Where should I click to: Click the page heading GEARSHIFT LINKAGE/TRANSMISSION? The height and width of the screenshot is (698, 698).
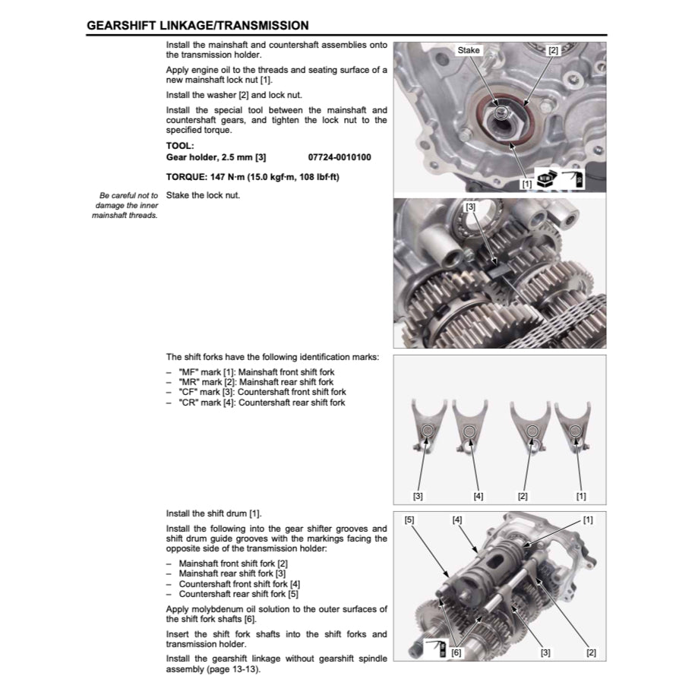pyautogui.click(x=197, y=25)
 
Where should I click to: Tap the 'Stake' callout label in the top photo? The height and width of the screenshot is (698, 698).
pyautogui.click(x=469, y=50)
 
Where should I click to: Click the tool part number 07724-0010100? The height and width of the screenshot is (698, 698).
pyautogui.click(x=340, y=157)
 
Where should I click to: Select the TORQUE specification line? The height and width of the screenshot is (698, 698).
pyautogui.click(x=252, y=177)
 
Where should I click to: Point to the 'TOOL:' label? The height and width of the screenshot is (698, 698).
pyautogui.click(x=180, y=145)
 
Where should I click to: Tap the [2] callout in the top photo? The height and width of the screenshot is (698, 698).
pyautogui.click(x=553, y=51)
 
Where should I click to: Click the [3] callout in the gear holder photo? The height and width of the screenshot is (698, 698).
pyautogui.click(x=471, y=207)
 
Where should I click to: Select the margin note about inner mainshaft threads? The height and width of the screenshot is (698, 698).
pyautogui.click(x=126, y=205)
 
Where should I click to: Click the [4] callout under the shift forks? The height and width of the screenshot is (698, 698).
pyautogui.click(x=478, y=496)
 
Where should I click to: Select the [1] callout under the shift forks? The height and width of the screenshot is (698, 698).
pyautogui.click(x=581, y=496)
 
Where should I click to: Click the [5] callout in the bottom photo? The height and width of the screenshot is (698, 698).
pyautogui.click(x=409, y=520)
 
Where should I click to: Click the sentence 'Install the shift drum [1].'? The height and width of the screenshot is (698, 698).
pyautogui.click(x=213, y=513)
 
